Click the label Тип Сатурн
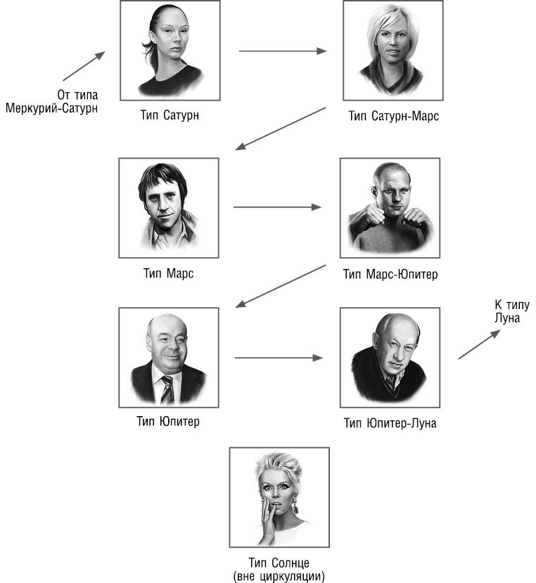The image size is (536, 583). [169, 115]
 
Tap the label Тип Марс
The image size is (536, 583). [168, 273]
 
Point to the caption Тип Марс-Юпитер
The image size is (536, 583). [390, 273]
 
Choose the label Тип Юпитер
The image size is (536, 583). [169, 422]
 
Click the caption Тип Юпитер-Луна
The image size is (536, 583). [390, 422]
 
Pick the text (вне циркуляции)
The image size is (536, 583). [280, 575]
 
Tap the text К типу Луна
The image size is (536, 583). [511, 311]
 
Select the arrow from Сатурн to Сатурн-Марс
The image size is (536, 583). [283, 51]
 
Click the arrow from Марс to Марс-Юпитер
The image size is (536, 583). [277, 207]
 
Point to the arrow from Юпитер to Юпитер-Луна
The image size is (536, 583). [278, 358]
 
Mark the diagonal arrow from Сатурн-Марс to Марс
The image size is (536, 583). [281, 128]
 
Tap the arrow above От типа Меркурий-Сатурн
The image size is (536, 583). [84, 65]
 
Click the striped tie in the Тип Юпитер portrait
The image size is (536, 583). [167, 390]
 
